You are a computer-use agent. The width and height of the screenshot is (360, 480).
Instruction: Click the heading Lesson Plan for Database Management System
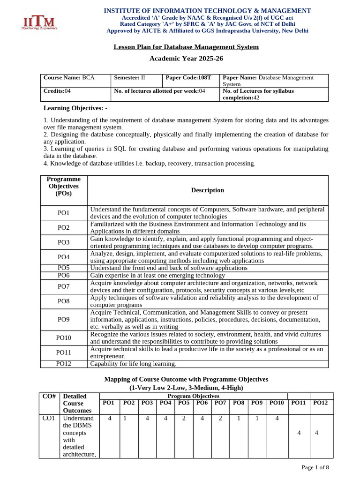tap(186, 47)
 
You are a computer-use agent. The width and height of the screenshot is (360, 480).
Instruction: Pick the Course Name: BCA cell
tap(69, 78)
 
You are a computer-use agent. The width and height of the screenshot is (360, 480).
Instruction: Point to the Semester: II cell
tap(129, 78)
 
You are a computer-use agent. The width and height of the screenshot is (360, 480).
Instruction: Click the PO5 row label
tap(63, 268)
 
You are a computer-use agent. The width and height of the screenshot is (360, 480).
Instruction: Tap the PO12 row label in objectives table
tap(63, 364)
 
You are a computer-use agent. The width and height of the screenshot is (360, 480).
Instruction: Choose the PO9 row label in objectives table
tap(63, 320)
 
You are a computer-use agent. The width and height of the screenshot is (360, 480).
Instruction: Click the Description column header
tap(208, 190)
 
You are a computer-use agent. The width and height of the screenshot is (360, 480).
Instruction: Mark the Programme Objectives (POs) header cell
tap(63, 186)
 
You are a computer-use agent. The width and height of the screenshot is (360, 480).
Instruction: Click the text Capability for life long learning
tap(133, 364)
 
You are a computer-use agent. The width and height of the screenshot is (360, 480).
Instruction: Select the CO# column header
tap(49, 397)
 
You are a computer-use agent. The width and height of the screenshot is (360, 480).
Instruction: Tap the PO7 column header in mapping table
tap(220, 403)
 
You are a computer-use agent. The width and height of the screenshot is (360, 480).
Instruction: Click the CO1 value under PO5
tap(184, 418)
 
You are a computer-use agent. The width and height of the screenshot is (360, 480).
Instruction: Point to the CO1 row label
tap(49, 418)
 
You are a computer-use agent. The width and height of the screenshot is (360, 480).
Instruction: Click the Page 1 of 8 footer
tap(315, 467)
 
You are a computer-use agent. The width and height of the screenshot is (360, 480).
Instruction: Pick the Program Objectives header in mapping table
tap(193, 396)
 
